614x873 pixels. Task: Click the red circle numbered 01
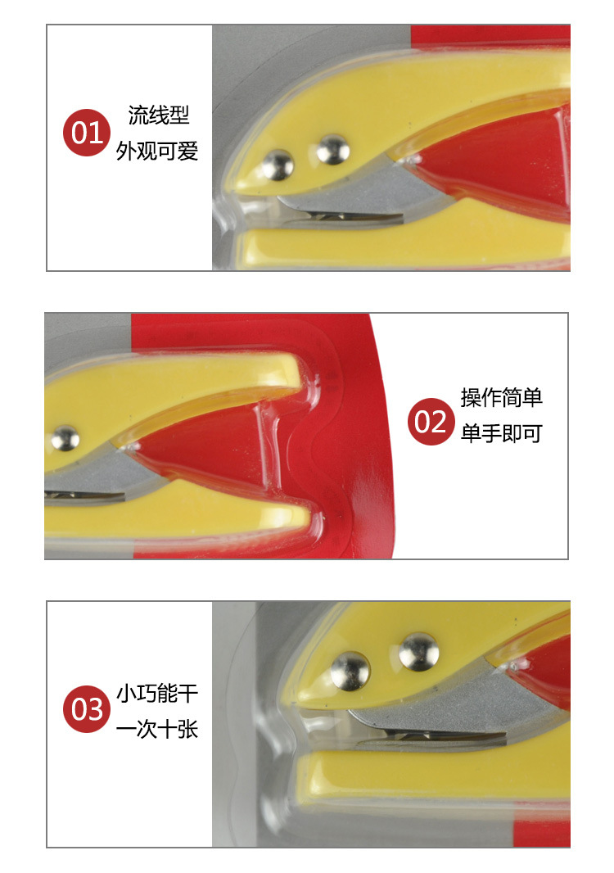[86, 133]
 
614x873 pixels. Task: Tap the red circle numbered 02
[431, 422]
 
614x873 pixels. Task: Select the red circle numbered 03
[86, 708]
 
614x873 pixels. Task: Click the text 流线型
[159, 115]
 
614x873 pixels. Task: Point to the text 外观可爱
[157, 151]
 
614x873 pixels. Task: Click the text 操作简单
[501, 397]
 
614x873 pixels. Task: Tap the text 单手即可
[501, 433]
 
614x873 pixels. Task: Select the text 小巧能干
[157, 694]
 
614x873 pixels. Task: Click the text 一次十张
[157, 729]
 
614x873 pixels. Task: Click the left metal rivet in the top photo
[278, 165]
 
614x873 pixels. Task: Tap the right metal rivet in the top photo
[333, 149]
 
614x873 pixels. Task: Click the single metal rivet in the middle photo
[65, 437]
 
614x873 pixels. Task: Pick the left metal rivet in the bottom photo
[350, 671]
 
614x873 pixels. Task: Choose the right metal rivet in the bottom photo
[418, 651]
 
